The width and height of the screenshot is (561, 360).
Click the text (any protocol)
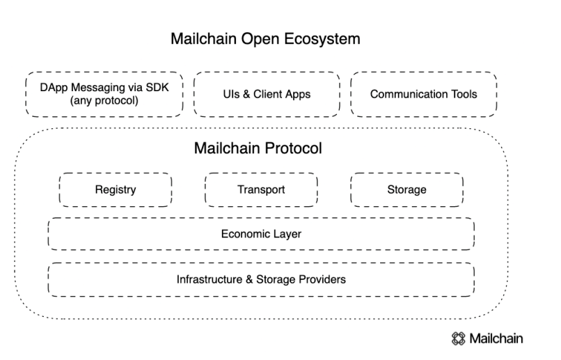click(x=104, y=100)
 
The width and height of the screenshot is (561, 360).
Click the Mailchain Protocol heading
click(x=258, y=148)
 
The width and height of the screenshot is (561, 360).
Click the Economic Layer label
click(x=261, y=234)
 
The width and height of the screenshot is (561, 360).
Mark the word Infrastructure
click(x=210, y=279)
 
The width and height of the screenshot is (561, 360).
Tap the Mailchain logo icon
click(x=458, y=338)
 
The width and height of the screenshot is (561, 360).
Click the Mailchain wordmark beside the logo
click(x=496, y=338)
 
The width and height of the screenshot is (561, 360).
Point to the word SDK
click(x=157, y=87)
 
